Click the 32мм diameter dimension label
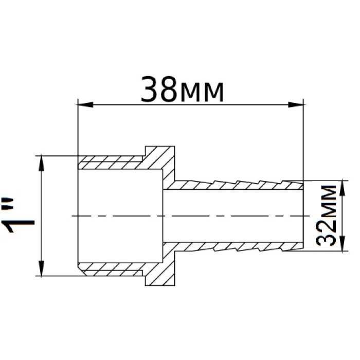point(326,215)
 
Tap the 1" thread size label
point(18,215)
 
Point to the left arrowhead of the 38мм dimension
point(85,105)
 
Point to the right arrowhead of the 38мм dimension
point(296,105)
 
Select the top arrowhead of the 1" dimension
point(41,163)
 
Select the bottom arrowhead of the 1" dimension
point(41,268)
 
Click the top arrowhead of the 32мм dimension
point(343,188)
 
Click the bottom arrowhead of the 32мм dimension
point(343,244)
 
